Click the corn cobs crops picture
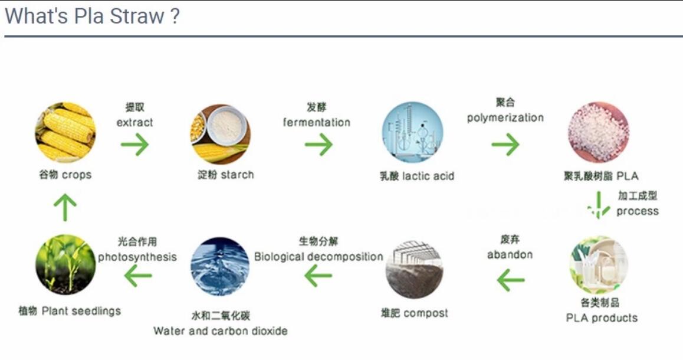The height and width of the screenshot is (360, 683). [65, 133]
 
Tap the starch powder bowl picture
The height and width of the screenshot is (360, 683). [221, 134]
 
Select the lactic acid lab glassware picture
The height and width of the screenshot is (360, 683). [412, 133]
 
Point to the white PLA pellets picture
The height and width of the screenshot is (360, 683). [599, 133]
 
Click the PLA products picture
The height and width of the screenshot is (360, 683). [599, 265]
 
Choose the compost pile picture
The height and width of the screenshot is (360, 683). [415, 269]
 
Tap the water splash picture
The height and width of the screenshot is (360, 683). [221, 266]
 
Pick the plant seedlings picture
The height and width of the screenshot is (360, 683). [65, 264]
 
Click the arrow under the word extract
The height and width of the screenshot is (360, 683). [134, 144]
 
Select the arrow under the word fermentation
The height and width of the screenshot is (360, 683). [318, 144]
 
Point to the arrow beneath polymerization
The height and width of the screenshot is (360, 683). [505, 144]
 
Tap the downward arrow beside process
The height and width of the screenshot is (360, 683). [599, 205]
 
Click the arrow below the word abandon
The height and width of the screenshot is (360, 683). [511, 280]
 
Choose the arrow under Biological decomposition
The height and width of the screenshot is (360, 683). [318, 276]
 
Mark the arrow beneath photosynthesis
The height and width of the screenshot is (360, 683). [138, 276]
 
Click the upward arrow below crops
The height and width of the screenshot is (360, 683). [65, 207]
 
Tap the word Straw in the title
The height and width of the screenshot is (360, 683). [137, 16]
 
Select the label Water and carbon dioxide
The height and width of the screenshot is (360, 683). [221, 331]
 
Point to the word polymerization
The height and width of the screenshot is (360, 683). [505, 117]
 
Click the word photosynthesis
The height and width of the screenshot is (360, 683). [137, 257]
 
